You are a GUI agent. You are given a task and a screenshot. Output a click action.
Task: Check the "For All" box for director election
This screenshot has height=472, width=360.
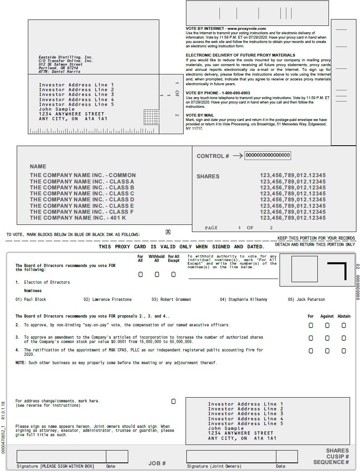click(140, 274)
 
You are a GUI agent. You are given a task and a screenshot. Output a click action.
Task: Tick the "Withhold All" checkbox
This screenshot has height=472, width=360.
click(157, 274)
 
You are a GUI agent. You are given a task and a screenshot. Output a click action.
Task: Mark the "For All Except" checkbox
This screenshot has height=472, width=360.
click(173, 274)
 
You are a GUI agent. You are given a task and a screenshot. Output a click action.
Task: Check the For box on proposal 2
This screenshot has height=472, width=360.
click(311, 325)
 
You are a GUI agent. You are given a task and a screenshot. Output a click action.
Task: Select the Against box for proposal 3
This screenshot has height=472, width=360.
click(327, 338)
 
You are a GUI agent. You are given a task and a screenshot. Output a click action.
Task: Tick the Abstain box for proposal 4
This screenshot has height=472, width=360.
click(344, 351)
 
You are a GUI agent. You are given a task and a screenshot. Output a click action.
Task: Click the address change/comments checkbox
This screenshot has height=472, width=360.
click(173, 401)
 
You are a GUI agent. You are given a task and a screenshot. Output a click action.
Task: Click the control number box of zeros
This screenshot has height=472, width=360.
click(267, 155)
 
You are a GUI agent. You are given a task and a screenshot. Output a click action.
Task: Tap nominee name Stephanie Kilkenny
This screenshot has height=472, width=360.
click(244, 299)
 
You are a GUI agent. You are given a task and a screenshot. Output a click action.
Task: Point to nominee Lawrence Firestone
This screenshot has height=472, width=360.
click(108, 299)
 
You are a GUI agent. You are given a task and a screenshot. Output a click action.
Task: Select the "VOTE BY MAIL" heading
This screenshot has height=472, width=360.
click(200, 115)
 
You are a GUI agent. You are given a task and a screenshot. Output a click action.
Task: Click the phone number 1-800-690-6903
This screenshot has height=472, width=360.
click(236, 93)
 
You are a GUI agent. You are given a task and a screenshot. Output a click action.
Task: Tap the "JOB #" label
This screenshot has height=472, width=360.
click(157, 463)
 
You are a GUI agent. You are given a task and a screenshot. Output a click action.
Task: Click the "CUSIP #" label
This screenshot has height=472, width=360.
click(338, 456)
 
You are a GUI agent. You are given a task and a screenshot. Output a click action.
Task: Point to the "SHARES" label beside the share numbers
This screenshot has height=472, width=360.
click(208, 176)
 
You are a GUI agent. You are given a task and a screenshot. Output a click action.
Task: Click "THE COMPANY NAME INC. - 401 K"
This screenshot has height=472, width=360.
click(78, 218)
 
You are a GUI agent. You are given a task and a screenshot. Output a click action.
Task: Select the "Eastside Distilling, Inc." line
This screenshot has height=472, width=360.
click(66, 57)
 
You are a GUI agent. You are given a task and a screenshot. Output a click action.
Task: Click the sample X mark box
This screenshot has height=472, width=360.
click(168, 232)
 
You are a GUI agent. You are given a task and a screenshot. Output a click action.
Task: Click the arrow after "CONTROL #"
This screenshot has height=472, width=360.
click(237, 156)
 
